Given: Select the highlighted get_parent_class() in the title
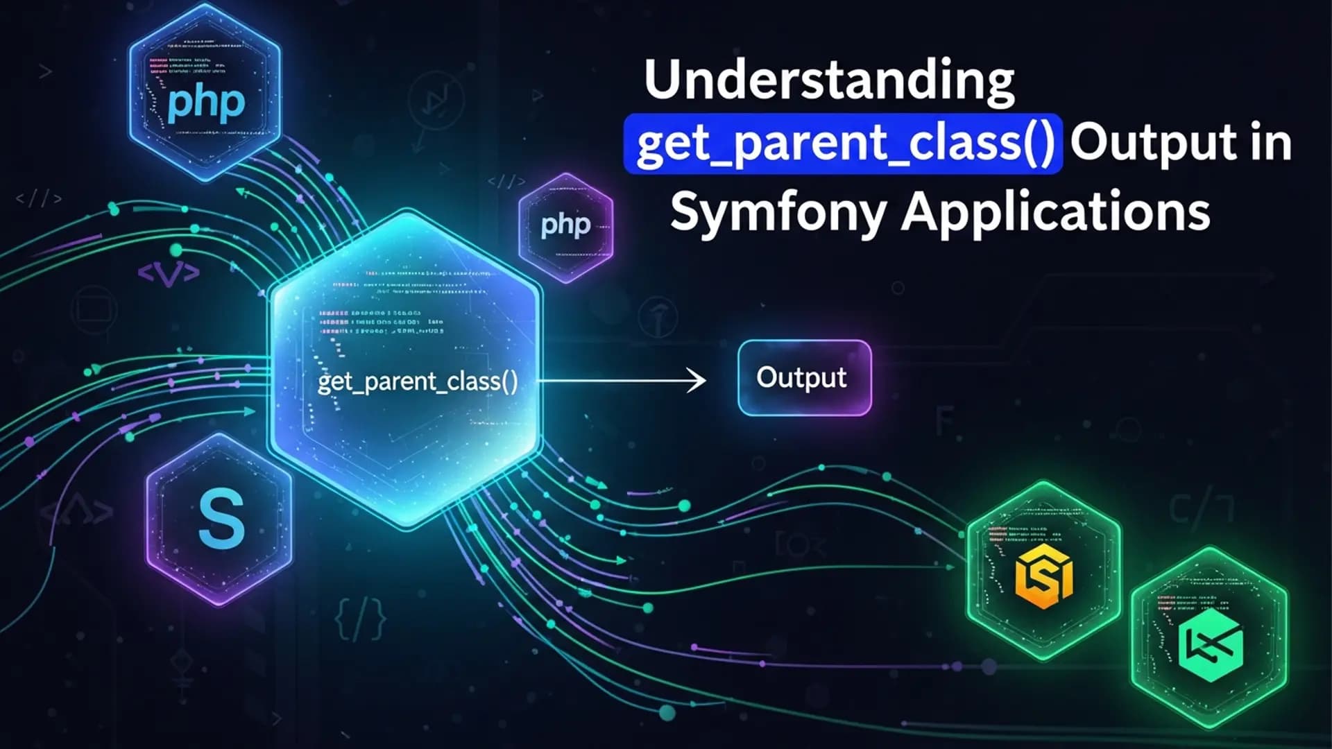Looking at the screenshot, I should (844, 144).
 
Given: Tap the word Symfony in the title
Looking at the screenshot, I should (777, 211).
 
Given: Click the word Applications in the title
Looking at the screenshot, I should (1055, 212).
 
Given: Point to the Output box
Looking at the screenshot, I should (804, 378).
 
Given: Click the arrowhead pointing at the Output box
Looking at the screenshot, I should (697, 380).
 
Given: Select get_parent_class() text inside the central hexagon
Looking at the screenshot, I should (418, 382).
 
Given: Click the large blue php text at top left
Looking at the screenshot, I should (206, 103).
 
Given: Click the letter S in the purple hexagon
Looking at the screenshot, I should (221, 519).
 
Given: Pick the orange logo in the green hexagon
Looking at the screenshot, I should (1043, 575).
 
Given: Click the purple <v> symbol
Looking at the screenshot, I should (169, 273).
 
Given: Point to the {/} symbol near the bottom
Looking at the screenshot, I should (360, 618).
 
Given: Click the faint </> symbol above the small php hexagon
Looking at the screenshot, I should (506, 182).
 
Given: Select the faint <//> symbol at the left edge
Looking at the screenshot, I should (39, 199).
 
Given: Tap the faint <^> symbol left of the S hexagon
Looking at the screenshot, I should (76, 513).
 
